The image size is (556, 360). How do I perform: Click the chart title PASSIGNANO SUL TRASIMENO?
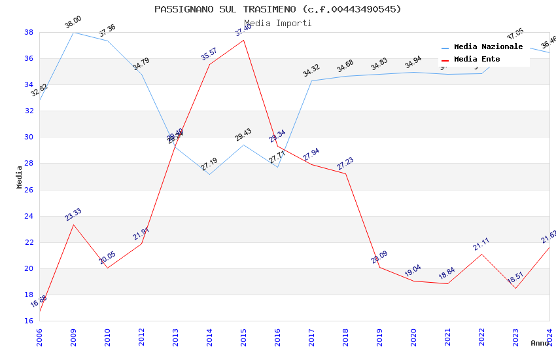click(278, 9)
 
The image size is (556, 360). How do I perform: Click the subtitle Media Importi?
click(278, 24)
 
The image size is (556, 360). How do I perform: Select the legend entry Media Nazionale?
click(488, 47)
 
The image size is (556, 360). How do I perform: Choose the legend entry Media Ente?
click(477, 60)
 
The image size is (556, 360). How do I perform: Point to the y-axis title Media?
click(20, 177)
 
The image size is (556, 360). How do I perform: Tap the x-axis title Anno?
click(540, 343)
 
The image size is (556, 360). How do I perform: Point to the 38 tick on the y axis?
click(29, 32)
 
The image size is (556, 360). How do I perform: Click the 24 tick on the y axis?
click(29, 216)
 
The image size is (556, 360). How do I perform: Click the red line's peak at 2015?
click(243, 40)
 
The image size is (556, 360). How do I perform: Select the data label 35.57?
click(209, 54)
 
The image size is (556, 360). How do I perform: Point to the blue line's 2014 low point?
click(209, 174)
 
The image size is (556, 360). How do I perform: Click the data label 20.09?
click(379, 257)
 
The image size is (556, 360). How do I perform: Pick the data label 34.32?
click(311, 71)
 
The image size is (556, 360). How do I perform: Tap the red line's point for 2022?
click(481, 254)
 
